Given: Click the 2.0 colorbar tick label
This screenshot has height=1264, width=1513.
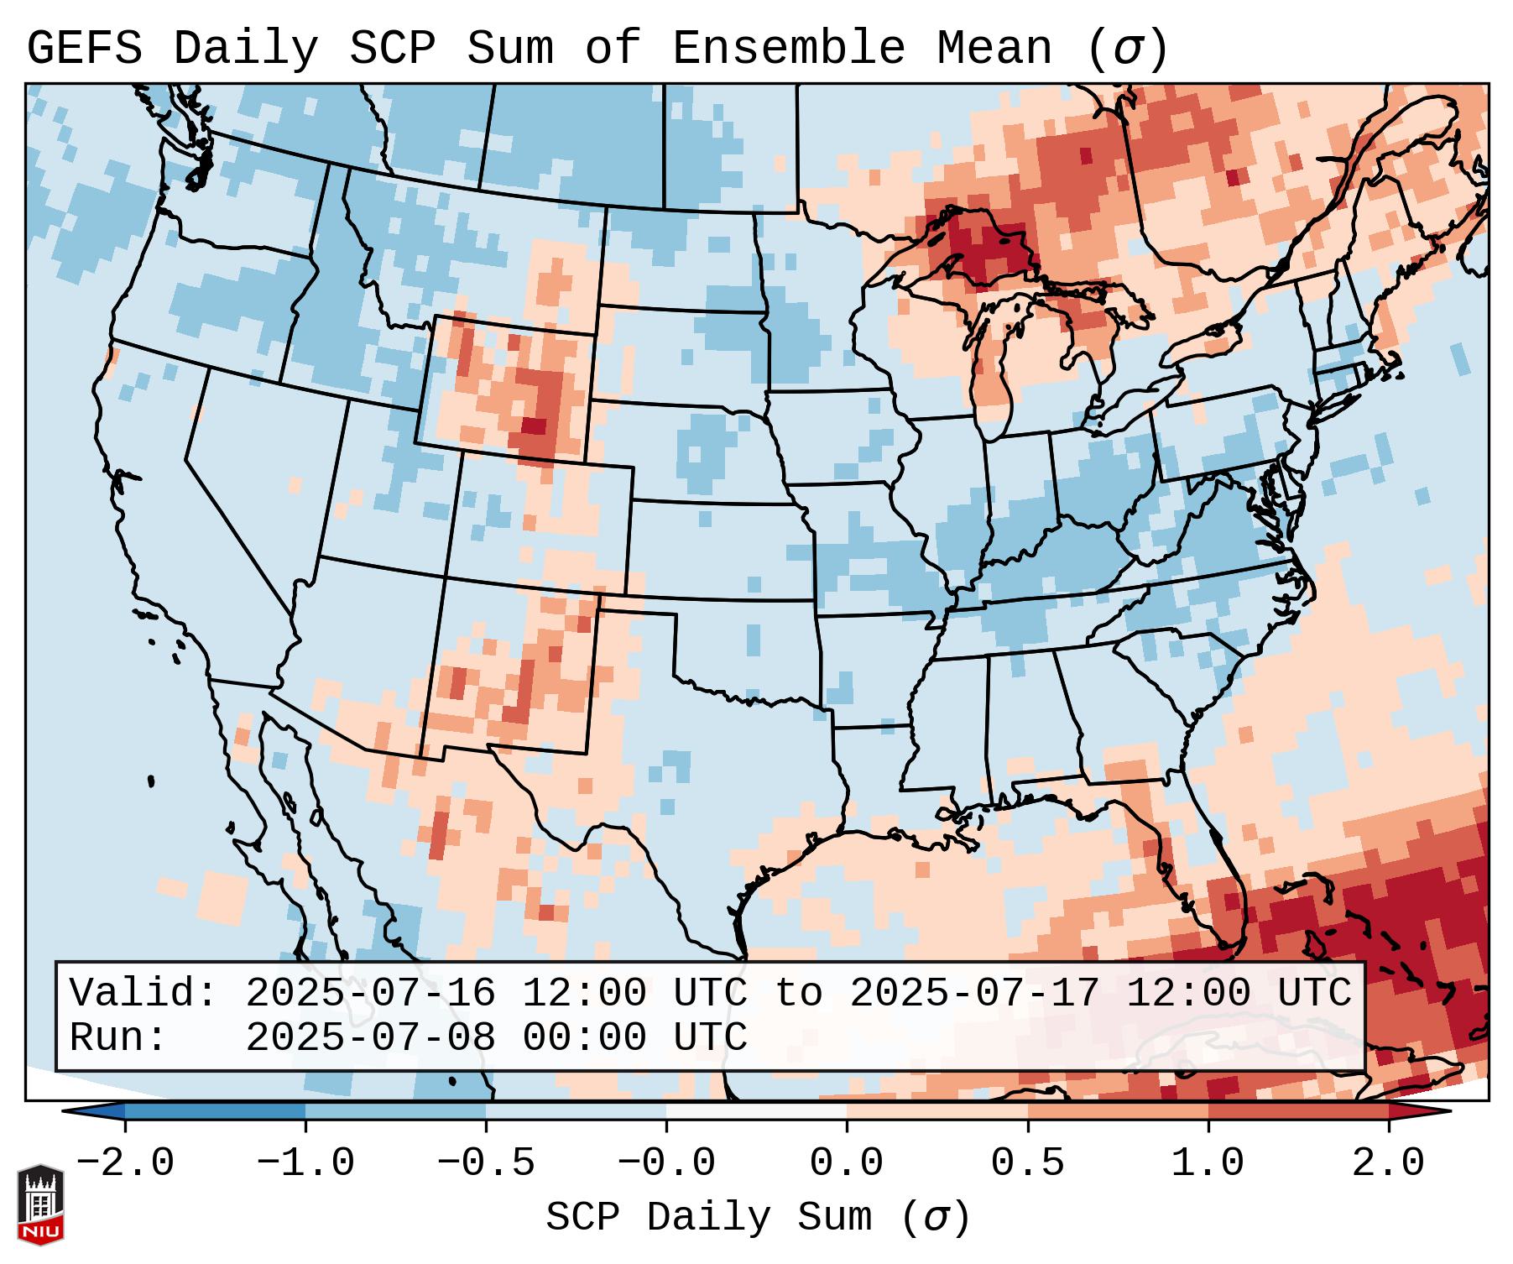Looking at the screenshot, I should click(1388, 1163).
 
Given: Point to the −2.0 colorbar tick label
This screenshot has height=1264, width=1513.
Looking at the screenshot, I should click(125, 1163).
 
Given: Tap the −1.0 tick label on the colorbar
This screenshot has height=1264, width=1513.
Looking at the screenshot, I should click(305, 1163).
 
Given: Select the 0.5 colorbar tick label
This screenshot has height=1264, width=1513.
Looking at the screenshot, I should click(1028, 1163).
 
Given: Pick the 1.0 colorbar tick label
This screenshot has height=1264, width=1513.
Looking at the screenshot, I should click(1208, 1163).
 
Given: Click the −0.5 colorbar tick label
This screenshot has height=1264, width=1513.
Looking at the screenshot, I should click(486, 1163).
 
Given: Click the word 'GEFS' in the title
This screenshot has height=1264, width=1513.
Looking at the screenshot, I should click(85, 49).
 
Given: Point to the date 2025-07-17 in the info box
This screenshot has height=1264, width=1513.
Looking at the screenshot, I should click(974, 994).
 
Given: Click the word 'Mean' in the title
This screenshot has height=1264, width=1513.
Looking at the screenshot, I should click(994, 49).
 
